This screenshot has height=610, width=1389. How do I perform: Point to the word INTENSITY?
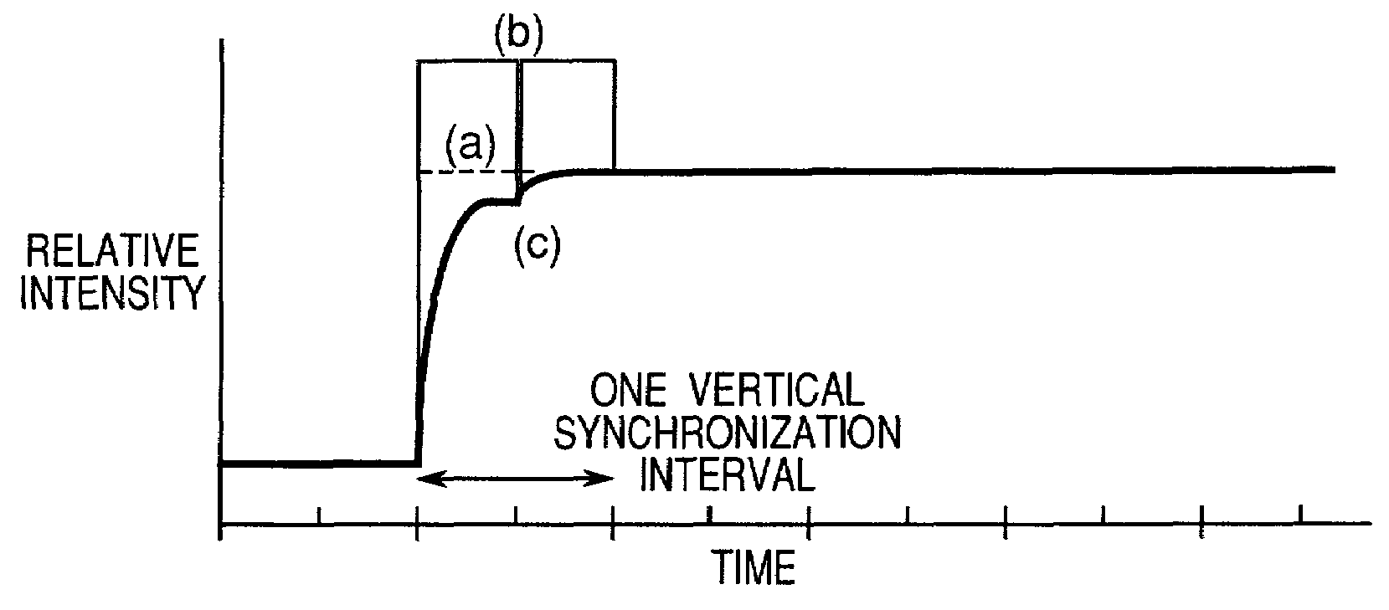click(x=113, y=294)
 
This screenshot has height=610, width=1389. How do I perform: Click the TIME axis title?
click(x=754, y=567)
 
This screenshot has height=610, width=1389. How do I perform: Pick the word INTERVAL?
click(x=728, y=475)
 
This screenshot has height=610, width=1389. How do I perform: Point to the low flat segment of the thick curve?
click(x=318, y=462)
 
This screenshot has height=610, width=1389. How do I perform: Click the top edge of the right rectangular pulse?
click(x=569, y=61)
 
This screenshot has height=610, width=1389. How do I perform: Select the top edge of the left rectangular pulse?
click(x=465, y=61)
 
